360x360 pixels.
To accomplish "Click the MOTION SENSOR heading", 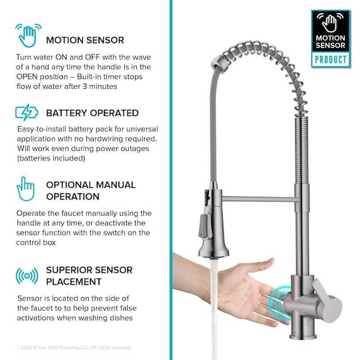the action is point(85,40).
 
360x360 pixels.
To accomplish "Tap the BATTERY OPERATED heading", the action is point(92,113).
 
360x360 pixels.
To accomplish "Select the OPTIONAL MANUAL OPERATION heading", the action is point(91,191).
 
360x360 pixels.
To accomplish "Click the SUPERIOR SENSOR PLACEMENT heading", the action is point(89,276).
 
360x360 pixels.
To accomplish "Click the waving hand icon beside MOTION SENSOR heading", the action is point(28,35).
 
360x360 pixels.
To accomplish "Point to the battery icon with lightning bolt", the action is point(26,113).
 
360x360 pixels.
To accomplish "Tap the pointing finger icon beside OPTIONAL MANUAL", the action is point(26,189).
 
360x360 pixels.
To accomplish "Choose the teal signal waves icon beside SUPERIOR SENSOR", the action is point(27,276).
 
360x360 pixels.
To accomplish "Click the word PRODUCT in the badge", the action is point(331,59).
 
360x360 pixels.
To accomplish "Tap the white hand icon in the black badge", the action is point(330,23).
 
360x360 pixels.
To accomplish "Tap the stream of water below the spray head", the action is point(214,308).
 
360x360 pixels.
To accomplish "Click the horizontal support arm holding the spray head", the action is point(259,199).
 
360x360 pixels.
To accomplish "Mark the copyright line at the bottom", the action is point(73,347).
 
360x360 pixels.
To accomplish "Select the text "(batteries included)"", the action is point(51,158).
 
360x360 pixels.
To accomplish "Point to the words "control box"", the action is point(36,242).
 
